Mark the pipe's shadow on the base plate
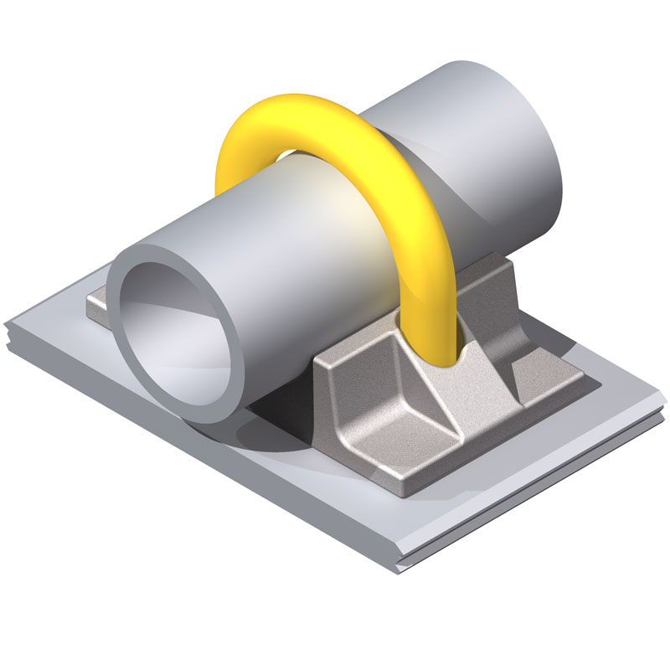point(268,435)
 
